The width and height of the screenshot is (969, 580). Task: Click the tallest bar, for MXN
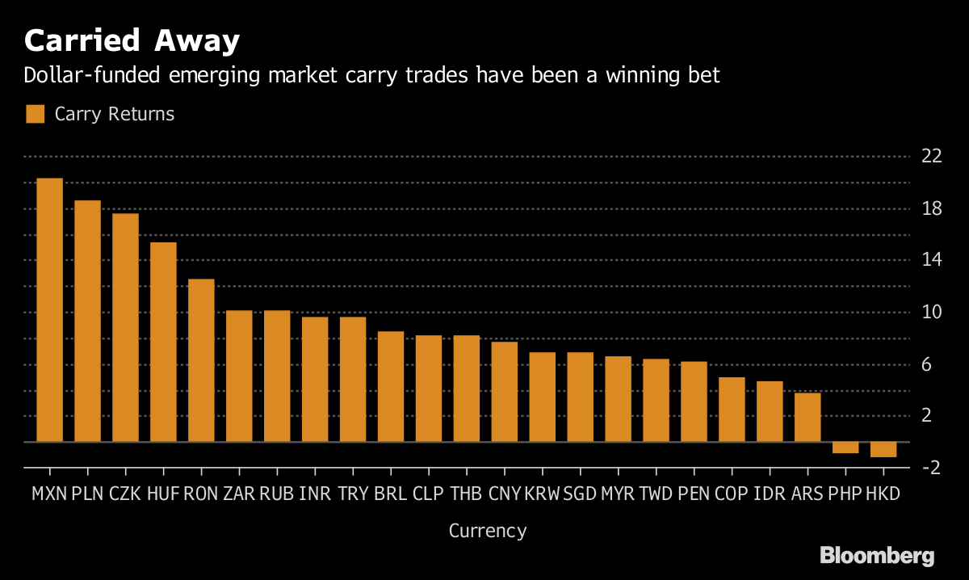tap(50, 310)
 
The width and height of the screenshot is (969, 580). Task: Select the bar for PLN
tap(88, 322)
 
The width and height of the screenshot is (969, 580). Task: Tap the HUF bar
tap(163, 343)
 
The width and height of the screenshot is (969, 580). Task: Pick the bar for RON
tap(201, 361)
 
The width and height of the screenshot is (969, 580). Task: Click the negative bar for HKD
tap(883, 450)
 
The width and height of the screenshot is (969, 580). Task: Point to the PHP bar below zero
tap(845, 448)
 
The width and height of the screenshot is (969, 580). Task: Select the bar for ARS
tap(807, 418)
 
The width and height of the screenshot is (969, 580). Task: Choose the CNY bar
tap(505, 392)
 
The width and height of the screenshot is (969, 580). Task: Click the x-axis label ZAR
tap(239, 494)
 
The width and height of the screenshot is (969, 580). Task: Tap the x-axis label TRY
tap(353, 494)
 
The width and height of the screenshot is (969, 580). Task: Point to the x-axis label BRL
tap(391, 494)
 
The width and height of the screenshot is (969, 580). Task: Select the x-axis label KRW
tap(542, 494)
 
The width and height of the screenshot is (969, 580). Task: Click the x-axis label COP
tap(732, 494)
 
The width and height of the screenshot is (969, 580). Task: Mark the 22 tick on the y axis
tap(932, 156)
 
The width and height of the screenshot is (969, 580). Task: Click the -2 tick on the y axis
tap(932, 468)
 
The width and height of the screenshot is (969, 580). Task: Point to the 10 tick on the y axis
tap(932, 312)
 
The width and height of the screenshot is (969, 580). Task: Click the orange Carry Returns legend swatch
tap(35, 114)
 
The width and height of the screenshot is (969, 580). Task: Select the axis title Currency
tap(488, 531)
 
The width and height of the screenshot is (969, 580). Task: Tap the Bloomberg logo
tap(877, 556)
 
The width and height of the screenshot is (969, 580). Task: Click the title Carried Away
tap(132, 40)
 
